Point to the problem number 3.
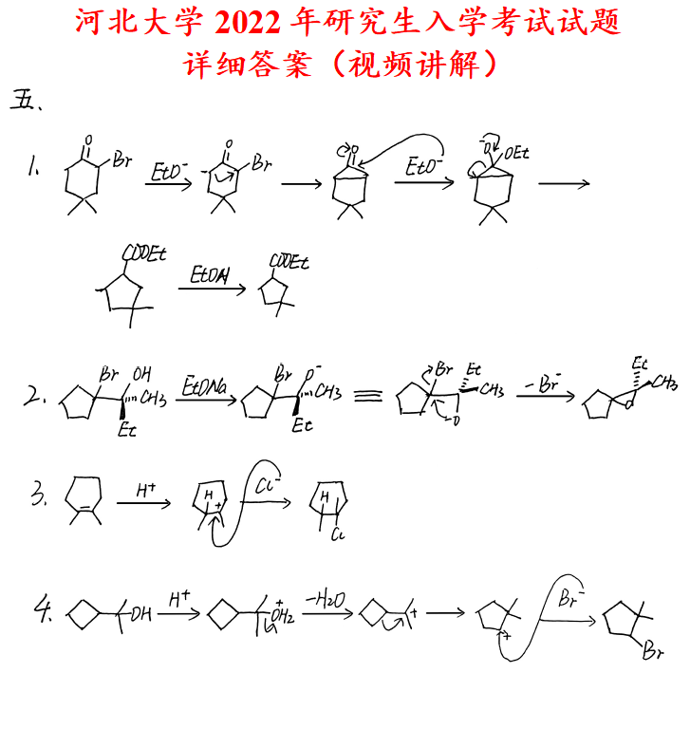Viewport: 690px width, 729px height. [x=39, y=495]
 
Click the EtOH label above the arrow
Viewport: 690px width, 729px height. [x=210, y=275]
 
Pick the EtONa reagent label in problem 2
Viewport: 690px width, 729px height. [x=200, y=380]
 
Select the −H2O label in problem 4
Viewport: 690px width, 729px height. [x=324, y=597]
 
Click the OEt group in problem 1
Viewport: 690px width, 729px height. [x=517, y=152]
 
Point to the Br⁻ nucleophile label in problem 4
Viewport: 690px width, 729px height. [x=569, y=600]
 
